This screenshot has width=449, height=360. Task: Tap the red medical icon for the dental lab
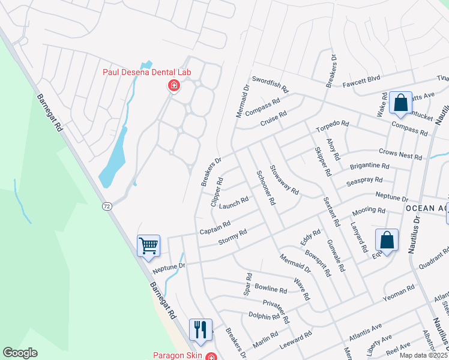click(x=174, y=86)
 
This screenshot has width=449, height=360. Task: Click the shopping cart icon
click(x=148, y=245)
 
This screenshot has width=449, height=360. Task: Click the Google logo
click(x=20, y=353)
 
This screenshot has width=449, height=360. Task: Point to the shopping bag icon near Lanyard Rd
click(x=387, y=240)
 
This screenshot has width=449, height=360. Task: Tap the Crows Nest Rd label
click(x=400, y=154)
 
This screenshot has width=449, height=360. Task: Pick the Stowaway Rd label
click(x=284, y=180)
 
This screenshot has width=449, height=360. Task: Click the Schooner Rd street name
click(x=265, y=188)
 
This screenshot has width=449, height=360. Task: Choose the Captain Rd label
click(x=215, y=227)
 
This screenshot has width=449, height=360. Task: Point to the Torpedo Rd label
click(x=332, y=126)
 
